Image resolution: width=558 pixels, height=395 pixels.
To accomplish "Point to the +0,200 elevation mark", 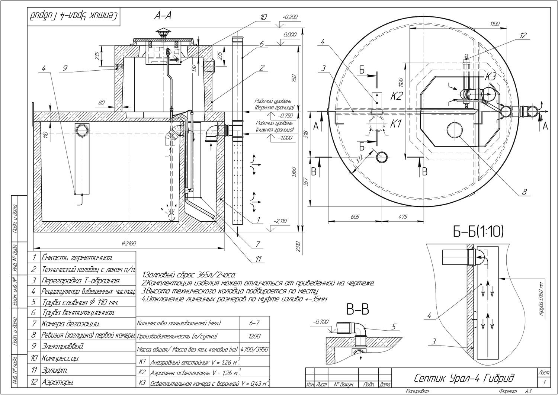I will [291, 17].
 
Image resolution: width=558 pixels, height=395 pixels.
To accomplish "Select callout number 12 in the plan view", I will [523, 36].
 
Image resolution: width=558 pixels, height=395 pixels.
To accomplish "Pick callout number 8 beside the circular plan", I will [525, 192].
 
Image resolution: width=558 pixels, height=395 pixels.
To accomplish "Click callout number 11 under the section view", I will [259, 259].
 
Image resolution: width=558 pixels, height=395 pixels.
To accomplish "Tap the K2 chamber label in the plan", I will [397, 96].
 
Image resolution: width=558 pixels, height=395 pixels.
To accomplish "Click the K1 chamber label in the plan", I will [395, 124].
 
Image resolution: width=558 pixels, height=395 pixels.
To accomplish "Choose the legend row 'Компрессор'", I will [61, 359].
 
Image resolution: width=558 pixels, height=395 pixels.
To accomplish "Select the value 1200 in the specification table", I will [254, 336].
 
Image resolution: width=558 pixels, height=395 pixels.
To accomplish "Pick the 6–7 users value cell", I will [254, 324].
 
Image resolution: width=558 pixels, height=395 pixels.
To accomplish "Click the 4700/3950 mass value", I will [254, 350].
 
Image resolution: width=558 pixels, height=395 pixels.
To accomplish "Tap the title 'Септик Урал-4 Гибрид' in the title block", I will [464, 378].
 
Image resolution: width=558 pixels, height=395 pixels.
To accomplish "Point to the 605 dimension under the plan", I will [355, 217].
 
